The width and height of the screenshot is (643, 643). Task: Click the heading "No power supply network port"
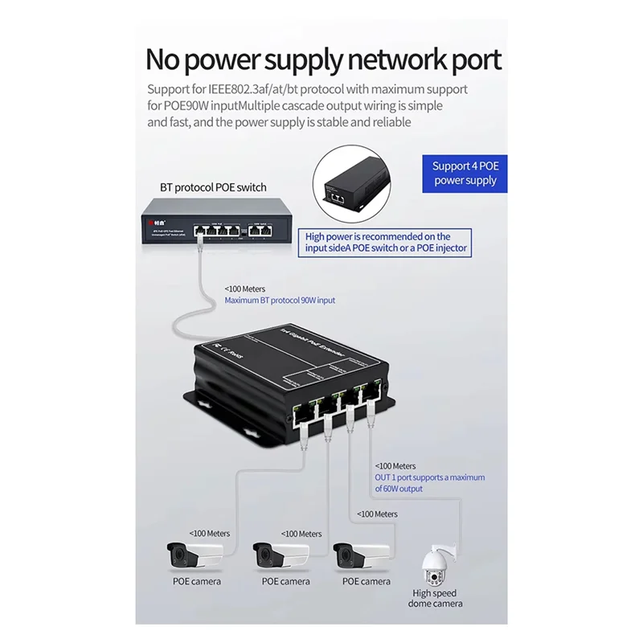(323, 59)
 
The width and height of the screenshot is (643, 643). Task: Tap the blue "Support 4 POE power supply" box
(465, 173)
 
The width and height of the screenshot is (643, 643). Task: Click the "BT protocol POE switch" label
(213, 187)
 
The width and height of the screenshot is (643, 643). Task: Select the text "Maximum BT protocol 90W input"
(280, 300)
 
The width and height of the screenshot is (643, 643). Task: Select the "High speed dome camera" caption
(435, 598)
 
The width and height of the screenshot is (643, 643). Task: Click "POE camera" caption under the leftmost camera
(197, 581)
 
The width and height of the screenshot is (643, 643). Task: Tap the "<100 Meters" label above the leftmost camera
(210, 533)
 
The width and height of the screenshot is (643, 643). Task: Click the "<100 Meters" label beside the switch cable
(245, 289)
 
